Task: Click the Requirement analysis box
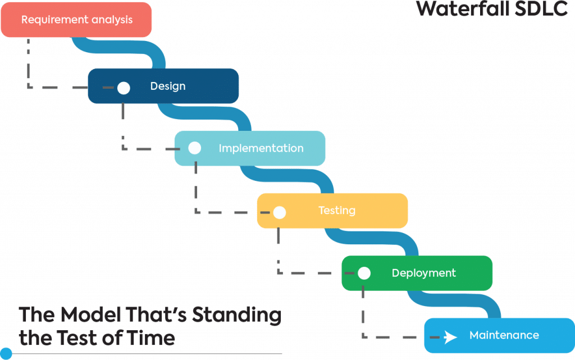(x=76, y=20)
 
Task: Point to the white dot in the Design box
(x=124, y=88)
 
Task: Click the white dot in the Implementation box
(x=194, y=148)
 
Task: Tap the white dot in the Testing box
(x=279, y=212)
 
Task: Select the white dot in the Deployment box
(x=364, y=274)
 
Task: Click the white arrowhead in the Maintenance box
(x=450, y=337)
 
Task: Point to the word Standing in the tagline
(x=237, y=315)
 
